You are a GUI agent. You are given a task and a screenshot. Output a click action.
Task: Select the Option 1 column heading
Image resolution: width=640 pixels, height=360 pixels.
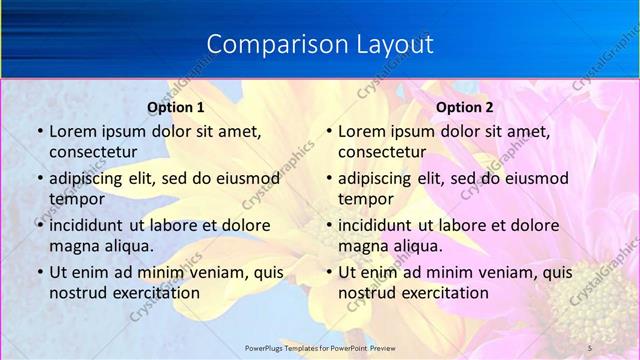pos(176,106)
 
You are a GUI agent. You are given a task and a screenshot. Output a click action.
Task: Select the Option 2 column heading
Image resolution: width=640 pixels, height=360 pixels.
pos(465,106)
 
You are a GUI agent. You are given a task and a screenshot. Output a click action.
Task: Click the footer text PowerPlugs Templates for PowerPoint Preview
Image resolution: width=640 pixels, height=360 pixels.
pos(319,347)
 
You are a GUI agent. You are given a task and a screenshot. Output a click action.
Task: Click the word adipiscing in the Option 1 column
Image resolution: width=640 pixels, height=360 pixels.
pos(90,179)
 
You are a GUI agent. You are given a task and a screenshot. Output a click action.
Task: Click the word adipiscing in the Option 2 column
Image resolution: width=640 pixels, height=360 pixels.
pos(379,179)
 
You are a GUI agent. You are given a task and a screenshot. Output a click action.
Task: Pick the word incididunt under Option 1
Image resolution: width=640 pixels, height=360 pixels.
pos(91,225)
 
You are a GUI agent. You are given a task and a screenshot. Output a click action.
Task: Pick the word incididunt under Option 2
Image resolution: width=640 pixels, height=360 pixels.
pos(380,225)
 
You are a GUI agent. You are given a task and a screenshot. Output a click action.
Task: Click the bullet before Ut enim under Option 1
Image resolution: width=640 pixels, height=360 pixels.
pos(39,272)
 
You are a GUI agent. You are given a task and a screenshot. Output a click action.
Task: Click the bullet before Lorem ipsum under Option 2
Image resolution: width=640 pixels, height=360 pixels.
pos(328,131)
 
